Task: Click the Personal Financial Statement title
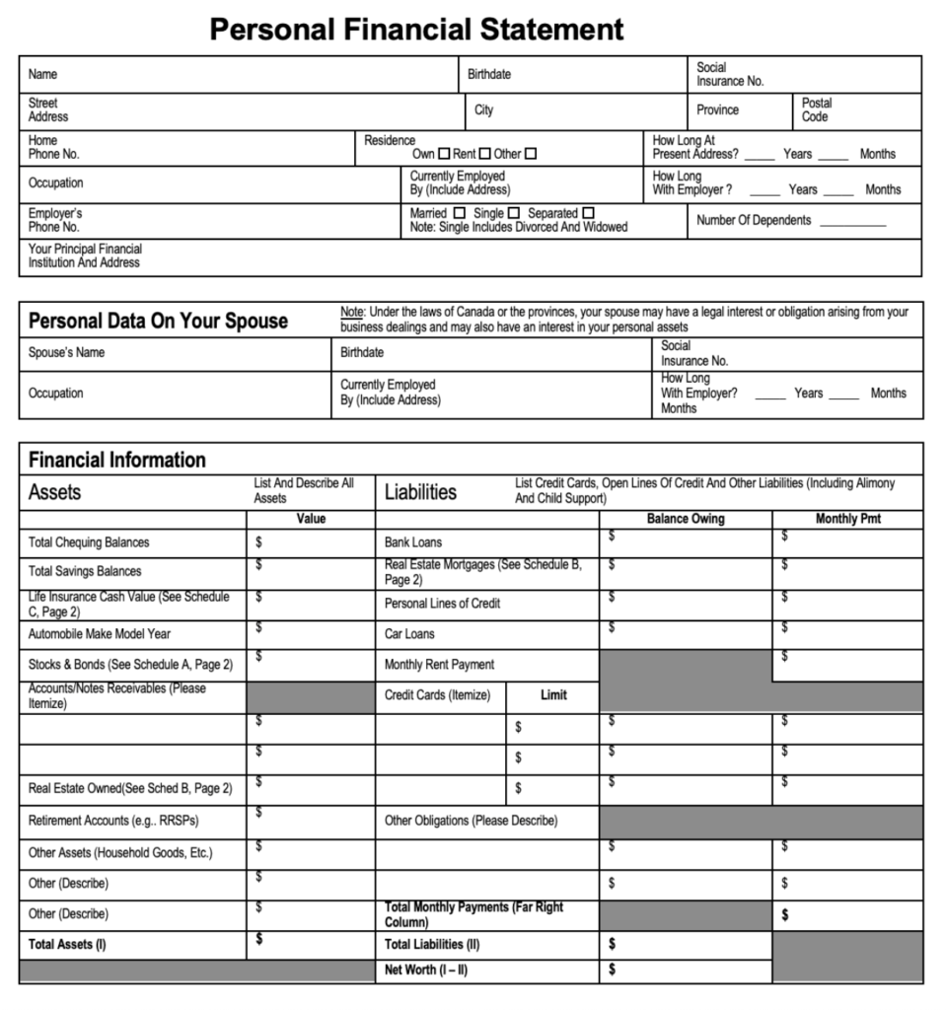coord(416,29)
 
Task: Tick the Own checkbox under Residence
coord(444,154)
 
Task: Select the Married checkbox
coord(459,213)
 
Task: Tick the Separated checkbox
coord(588,213)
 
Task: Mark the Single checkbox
coord(513,213)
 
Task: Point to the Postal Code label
coord(817,109)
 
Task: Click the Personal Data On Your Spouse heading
coord(158,321)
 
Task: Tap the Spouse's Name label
coord(66,353)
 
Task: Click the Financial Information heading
coord(116,460)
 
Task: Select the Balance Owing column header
coord(686,519)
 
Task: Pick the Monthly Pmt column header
coord(848,519)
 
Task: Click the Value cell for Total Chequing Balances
coord(311,542)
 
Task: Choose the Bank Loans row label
coord(413,542)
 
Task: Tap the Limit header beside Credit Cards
coord(553,695)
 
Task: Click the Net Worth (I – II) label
coord(426,971)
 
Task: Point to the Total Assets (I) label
coord(67,945)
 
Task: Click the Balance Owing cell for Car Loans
coord(686,634)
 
